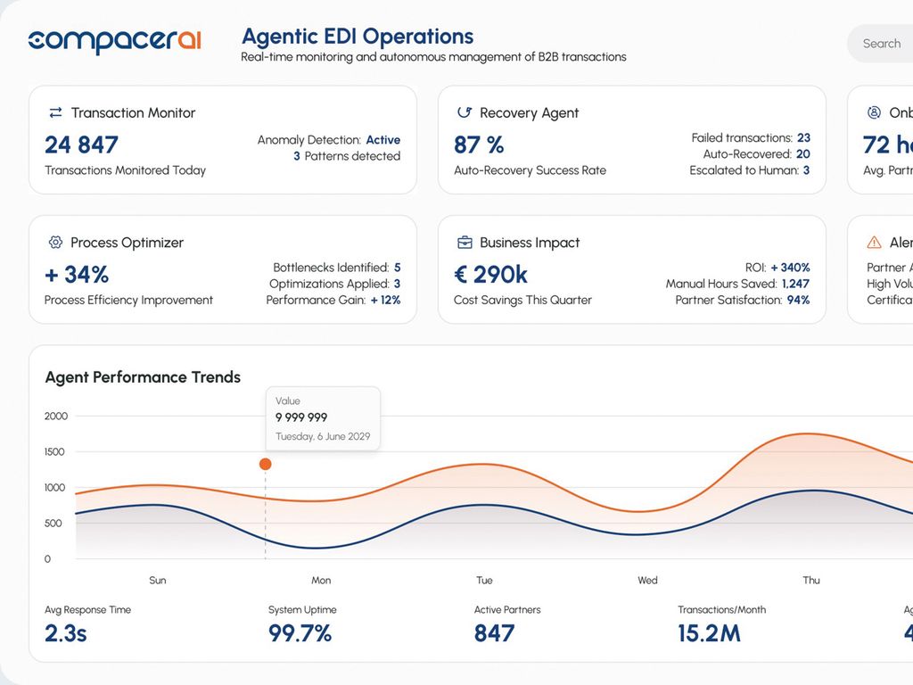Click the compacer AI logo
pos(114,41)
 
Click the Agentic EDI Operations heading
pos(358,37)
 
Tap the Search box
pos(881,44)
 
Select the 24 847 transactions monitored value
pos(81,144)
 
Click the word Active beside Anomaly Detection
pos(383,140)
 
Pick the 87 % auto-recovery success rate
pos(479,144)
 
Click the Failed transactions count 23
pos(803,138)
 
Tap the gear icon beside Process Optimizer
pos(55,243)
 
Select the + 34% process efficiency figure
pos(77,274)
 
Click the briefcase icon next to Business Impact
pos(465,243)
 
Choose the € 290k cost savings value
pos(490,274)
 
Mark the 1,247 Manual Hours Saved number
pos(795,284)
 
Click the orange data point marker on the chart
pos(265,464)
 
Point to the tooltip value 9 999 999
pos(301,417)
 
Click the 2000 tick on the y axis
pos(56,416)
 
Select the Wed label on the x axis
pos(647,581)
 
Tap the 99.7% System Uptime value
pos(300,633)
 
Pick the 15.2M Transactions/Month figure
pos(709,633)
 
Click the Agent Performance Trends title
pos(143,377)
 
